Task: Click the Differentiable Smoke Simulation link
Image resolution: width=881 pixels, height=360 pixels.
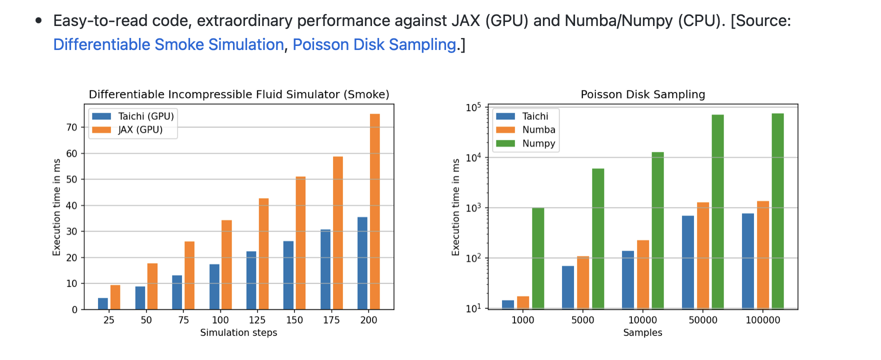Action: point(168,44)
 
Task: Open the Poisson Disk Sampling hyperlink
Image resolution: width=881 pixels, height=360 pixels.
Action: point(374,44)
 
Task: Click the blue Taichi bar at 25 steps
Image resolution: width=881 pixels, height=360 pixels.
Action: point(103,303)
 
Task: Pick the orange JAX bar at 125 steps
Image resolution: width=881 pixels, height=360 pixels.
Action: point(263,253)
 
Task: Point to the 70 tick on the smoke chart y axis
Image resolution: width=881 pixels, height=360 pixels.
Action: point(72,127)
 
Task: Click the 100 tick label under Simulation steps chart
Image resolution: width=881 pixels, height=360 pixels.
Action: point(220,320)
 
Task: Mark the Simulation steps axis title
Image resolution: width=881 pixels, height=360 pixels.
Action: point(238,332)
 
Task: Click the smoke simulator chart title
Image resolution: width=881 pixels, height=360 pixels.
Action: point(238,94)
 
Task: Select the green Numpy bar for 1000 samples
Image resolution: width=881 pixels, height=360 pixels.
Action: point(538,258)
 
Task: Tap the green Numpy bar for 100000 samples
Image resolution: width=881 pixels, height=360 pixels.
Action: point(777,211)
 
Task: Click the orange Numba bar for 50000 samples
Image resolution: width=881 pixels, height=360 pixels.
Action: point(703,255)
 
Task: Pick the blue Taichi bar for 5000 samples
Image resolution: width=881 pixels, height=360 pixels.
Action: point(568,287)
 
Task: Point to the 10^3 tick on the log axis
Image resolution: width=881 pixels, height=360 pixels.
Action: point(473,207)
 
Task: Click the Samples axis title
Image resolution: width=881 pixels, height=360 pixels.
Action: point(642,332)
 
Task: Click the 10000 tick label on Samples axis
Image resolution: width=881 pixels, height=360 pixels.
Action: point(642,320)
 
